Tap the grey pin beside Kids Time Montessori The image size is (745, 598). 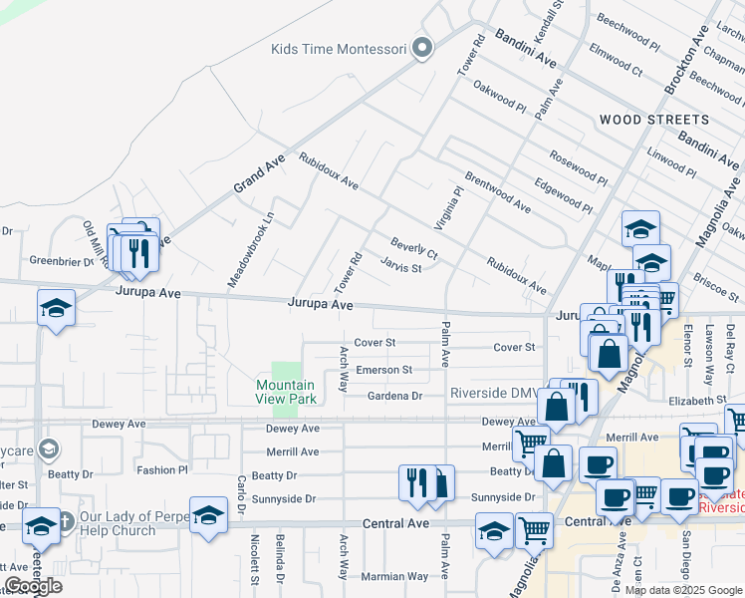pos(422,48)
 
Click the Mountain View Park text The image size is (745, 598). pos(286,392)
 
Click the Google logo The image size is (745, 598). pos(33,586)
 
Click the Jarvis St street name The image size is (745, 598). pos(401,266)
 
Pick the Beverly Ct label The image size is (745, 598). pos(414,248)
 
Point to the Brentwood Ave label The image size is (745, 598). pos(497,192)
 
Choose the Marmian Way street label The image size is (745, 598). pos(395,576)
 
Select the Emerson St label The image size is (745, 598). pos(384,370)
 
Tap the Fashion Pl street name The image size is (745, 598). pos(162,469)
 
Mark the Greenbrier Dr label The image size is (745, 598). pos(62,263)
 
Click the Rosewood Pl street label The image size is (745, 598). pos(577,170)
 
